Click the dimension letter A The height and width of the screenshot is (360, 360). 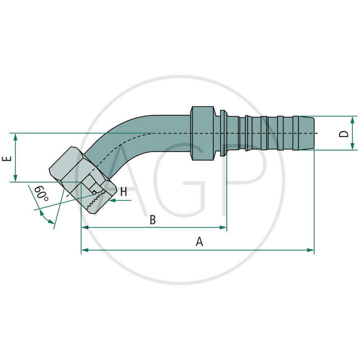coord(200,242)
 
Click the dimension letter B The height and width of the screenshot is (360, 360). coord(153,220)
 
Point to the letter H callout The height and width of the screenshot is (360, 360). coord(123,192)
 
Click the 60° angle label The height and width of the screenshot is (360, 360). coord(41,194)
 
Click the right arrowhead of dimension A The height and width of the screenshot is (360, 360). coord(310,250)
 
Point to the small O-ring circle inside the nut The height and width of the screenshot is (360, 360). coord(94,193)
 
